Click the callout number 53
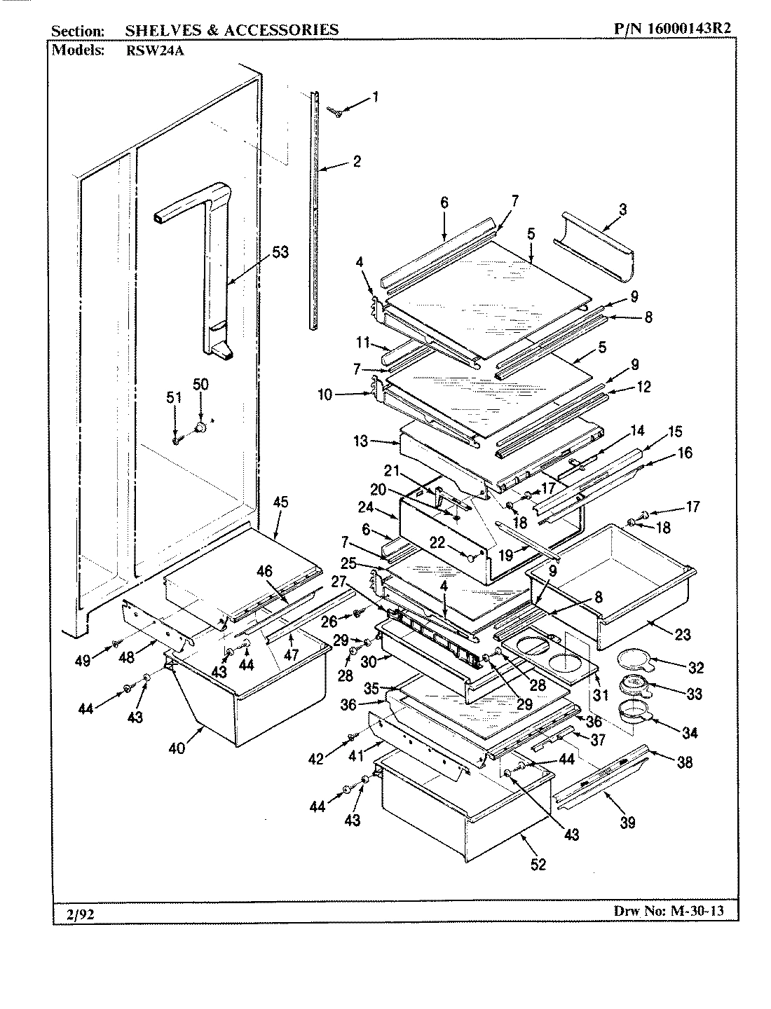(x=280, y=252)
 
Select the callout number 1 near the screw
(x=375, y=97)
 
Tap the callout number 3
(x=622, y=209)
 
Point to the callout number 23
(x=682, y=634)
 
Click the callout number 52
(x=538, y=865)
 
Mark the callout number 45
(x=280, y=502)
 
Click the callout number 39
(x=627, y=822)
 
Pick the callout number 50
(x=200, y=385)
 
